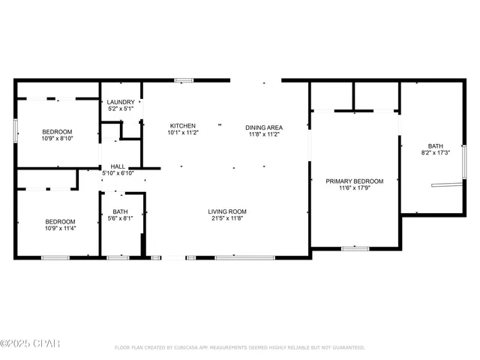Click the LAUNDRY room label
click(x=121, y=102)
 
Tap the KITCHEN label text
click(x=182, y=126)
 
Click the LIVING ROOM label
click(x=227, y=211)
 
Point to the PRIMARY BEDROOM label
click(x=354, y=181)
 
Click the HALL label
click(x=118, y=166)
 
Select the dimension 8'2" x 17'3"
click(x=436, y=153)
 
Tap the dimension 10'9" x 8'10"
click(x=59, y=138)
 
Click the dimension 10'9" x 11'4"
click(x=59, y=228)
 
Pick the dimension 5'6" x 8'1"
click(x=121, y=218)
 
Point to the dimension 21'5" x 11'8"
click(x=227, y=218)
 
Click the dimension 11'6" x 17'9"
click(x=354, y=187)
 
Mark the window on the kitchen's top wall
click(x=184, y=80)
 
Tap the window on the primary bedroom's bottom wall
click(x=355, y=248)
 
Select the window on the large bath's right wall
click(x=464, y=161)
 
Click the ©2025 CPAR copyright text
click(x=30, y=344)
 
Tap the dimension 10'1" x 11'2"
click(x=182, y=133)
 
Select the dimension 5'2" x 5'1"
click(x=121, y=109)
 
